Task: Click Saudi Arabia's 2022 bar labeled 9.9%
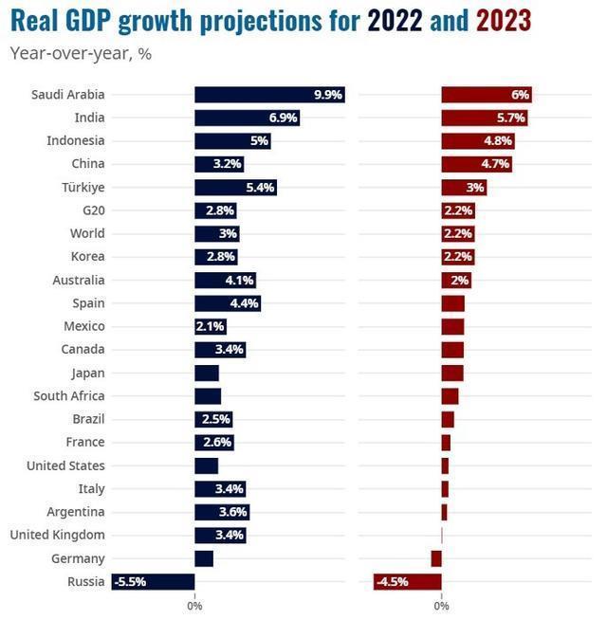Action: (269, 95)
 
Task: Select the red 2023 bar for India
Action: (484, 118)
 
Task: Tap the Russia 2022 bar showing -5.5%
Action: (153, 581)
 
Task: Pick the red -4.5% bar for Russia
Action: (408, 581)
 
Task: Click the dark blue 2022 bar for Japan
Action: (207, 373)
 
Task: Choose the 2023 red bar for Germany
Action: (436, 558)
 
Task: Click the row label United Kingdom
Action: (57, 535)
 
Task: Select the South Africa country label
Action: (68, 396)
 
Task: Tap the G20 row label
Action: (92, 210)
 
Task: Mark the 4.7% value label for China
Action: (495, 164)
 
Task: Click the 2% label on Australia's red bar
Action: (460, 281)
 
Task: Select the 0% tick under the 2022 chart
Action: (194, 605)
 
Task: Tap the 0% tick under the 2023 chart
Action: (441, 605)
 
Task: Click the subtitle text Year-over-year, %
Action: (81, 53)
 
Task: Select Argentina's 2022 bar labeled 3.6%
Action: (222, 512)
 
